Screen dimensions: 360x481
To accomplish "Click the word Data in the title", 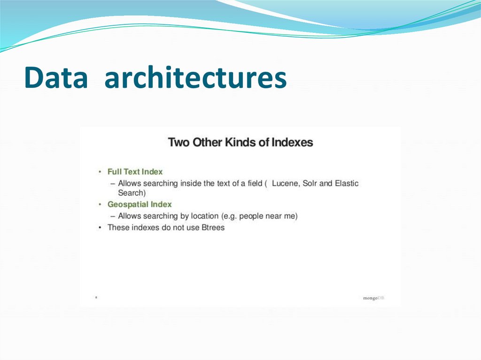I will pyautogui.click(x=56, y=78).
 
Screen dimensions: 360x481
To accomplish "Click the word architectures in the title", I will pyautogui.click(x=195, y=78).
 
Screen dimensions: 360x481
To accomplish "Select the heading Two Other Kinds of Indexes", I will pyautogui.click(x=240, y=142).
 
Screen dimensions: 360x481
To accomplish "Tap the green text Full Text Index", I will pyautogui.click(x=135, y=172).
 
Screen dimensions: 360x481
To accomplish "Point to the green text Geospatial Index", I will pyautogui.click(x=140, y=204).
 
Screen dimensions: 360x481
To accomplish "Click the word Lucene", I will pyautogui.click(x=285, y=183).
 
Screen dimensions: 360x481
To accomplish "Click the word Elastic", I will pyautogui.click(x=346, y=183).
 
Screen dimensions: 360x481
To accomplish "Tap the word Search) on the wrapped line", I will pyautogui.click(x=132, y=192).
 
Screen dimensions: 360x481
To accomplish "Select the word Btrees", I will pyautogui.click(x=212, y=228).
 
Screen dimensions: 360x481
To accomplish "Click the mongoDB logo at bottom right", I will pyautogui.click(x=373, y=298).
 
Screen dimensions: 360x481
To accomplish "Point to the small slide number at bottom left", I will pyautogui.click(x=96, y=298).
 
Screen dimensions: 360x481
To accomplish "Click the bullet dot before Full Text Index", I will pyautogui.click(x=100, y=172).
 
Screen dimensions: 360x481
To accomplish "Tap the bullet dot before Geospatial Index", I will pyautogui.click(x=100, y=205).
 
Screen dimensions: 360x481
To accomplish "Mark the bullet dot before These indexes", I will pyautogui.click(x=100, y=228).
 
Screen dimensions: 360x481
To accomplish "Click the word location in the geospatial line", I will pyautogui.click(x=203, y=216).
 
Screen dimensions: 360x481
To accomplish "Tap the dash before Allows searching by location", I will pyautogui.click(x=113, y=216).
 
